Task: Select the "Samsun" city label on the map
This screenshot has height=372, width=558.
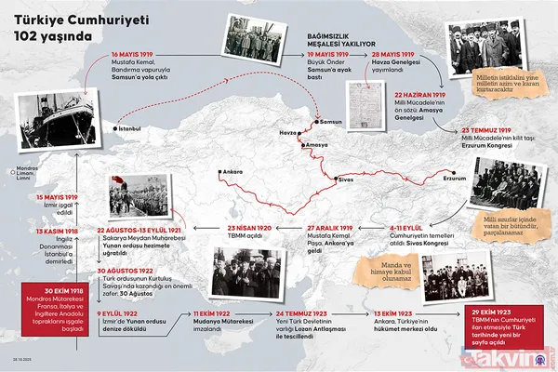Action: tap(334, 122)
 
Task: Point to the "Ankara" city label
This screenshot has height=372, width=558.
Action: tap(233, 171)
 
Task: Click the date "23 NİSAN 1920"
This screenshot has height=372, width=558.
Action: tap(249, 226)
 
